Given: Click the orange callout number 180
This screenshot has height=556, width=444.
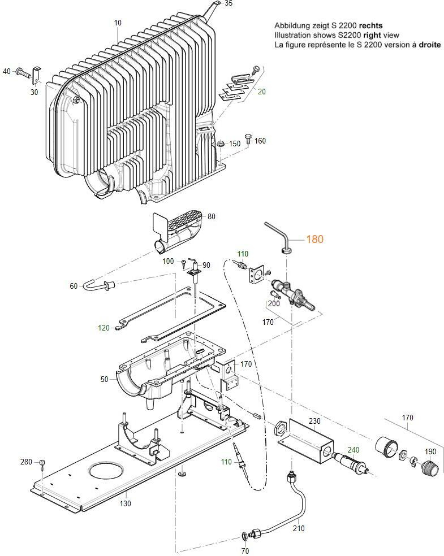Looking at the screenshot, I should pyautogui.click(x=314, y=240).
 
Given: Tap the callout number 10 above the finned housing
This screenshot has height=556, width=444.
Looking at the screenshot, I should pyautogui.click(x=118, y=23).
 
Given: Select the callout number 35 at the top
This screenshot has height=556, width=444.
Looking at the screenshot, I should pyautogui.click(x=228, y=3).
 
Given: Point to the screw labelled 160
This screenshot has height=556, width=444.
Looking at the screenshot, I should pyautogui.click(x=248, y=138).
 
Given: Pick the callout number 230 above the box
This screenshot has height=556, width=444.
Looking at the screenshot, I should pyautogui.click(x=314, y=421).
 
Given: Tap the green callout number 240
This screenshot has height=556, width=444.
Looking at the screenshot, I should pyautogui.click(x=353, y=450).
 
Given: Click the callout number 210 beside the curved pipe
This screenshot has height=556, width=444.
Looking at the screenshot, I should pyautogui.click(x=299, y=529).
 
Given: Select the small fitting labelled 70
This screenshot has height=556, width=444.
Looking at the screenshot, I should pyautogui.click(x=244, y=534).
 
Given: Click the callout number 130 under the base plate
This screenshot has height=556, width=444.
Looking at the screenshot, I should pyautogui.click(x=125, y=503).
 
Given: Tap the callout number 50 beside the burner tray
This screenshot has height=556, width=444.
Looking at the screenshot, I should pyautogui.click(x=104, y=380).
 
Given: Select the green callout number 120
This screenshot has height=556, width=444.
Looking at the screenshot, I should pyautogui.click(x=104, y=328).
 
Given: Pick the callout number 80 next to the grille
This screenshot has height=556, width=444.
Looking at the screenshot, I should pyautogui.click(x=212, y=216).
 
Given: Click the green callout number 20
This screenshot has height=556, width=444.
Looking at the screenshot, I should pyautogui.click(x=261, y=92).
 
